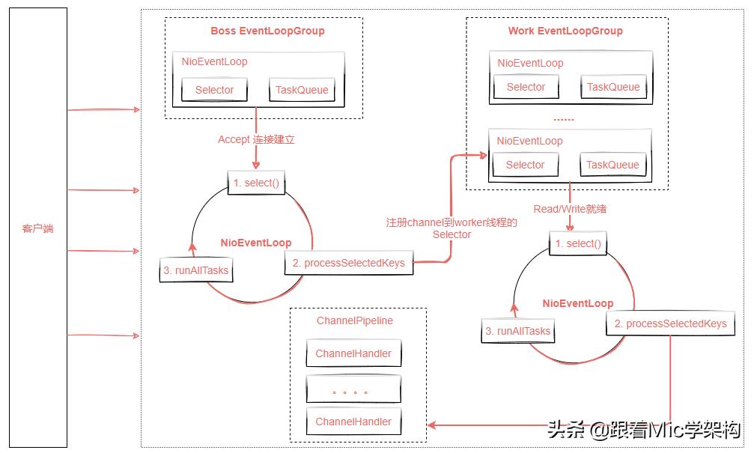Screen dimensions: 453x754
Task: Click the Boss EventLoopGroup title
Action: (x=267, y=31)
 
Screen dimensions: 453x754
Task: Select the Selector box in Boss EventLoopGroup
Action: (x=214, y=90)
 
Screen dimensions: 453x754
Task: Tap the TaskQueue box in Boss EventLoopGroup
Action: (x=302, y=90)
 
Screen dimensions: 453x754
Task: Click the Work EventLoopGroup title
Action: (x=565, y=31)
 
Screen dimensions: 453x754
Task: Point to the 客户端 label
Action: (x=37, y=228)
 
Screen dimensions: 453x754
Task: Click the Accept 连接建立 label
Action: (x=256, y=139)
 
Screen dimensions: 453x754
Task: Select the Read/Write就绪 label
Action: (x=570, y=209)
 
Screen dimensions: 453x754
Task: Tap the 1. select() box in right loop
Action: (x=578, y=243)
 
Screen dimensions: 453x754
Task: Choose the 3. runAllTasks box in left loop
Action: (x=196, y=270)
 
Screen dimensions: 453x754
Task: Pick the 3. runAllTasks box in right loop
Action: (x=517, y=331)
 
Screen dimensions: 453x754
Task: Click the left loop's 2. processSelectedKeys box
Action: (x=349, y=263)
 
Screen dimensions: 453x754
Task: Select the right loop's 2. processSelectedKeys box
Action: (x=670, y=323)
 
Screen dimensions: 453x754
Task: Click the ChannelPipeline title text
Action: (x=354, y=320)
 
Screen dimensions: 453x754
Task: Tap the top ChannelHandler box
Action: (x=353, y=353)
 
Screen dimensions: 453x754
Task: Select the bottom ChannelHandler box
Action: (x=353, y=422)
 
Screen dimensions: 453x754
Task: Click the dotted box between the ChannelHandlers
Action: (x=353, y=389)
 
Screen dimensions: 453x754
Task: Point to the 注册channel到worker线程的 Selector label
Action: (x=452, y=228)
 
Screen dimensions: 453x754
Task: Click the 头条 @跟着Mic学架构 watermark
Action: (x=643, y=430)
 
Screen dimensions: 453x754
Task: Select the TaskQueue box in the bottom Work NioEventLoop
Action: (x=612, y=165)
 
